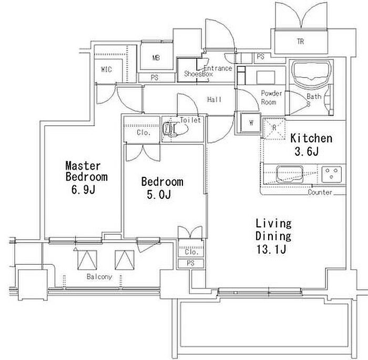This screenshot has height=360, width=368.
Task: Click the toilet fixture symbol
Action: click(175, 128)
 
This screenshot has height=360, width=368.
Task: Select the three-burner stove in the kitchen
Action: click(331, 174)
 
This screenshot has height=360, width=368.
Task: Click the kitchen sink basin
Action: click(290, 174)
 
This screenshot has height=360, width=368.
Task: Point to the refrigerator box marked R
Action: click(274, 129)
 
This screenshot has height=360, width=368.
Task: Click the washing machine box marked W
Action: click(251, 123)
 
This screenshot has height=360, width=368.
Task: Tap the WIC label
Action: click(106, 69)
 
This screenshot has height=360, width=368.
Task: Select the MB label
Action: click(156, 57)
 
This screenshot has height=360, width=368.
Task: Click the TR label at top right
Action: click(300, 42)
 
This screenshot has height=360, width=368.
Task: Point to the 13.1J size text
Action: click(271, 249)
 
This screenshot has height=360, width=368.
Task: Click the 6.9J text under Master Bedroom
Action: click(83, 189)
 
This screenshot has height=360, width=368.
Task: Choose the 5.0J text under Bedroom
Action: click(159, 195)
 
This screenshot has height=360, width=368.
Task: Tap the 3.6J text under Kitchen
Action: click(306, 152)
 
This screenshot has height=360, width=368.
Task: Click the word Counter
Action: click(320, 192)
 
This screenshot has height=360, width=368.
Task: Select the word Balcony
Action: click(99, 277)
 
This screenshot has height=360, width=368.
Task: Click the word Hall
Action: click(214, 99)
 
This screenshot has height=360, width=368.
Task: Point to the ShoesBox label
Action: click(198, 74)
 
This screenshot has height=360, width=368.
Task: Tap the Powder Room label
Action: click(271, 98)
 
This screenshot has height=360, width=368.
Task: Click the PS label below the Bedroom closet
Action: click(190, 263)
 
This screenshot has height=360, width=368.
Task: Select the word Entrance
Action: click(218, 68)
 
